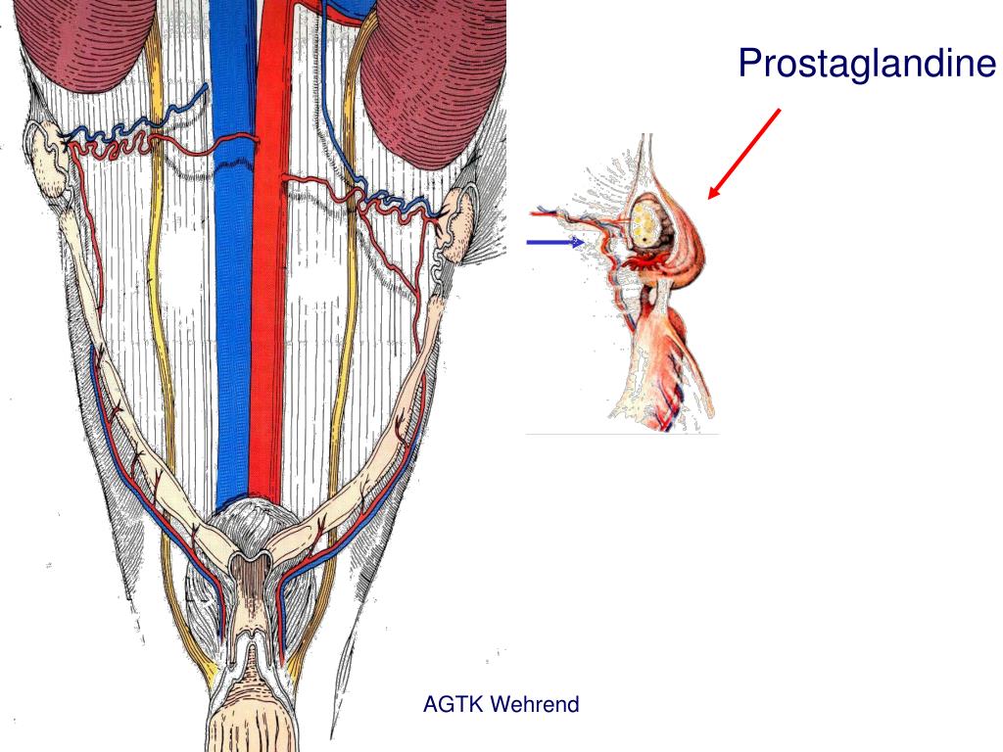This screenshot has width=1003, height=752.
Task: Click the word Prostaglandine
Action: [x=867, y=63]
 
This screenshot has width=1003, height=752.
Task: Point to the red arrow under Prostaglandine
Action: [x=743, y=153]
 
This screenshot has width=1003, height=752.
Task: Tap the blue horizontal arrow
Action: [x=554, y=242]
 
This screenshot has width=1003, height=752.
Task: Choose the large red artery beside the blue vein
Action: [x=270, y=294]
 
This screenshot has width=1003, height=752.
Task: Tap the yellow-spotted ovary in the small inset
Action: [x=645, y=221]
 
